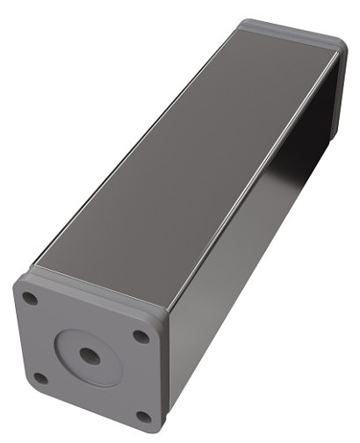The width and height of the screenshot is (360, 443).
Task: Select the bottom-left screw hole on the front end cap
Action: [x=40, y=378]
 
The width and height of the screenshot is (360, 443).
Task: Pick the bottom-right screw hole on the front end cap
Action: [x=143, y=416]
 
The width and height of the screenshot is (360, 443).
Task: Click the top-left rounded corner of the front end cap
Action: [x=19, y=283]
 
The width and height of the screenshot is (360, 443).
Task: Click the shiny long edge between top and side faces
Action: [x=255, y=176]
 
